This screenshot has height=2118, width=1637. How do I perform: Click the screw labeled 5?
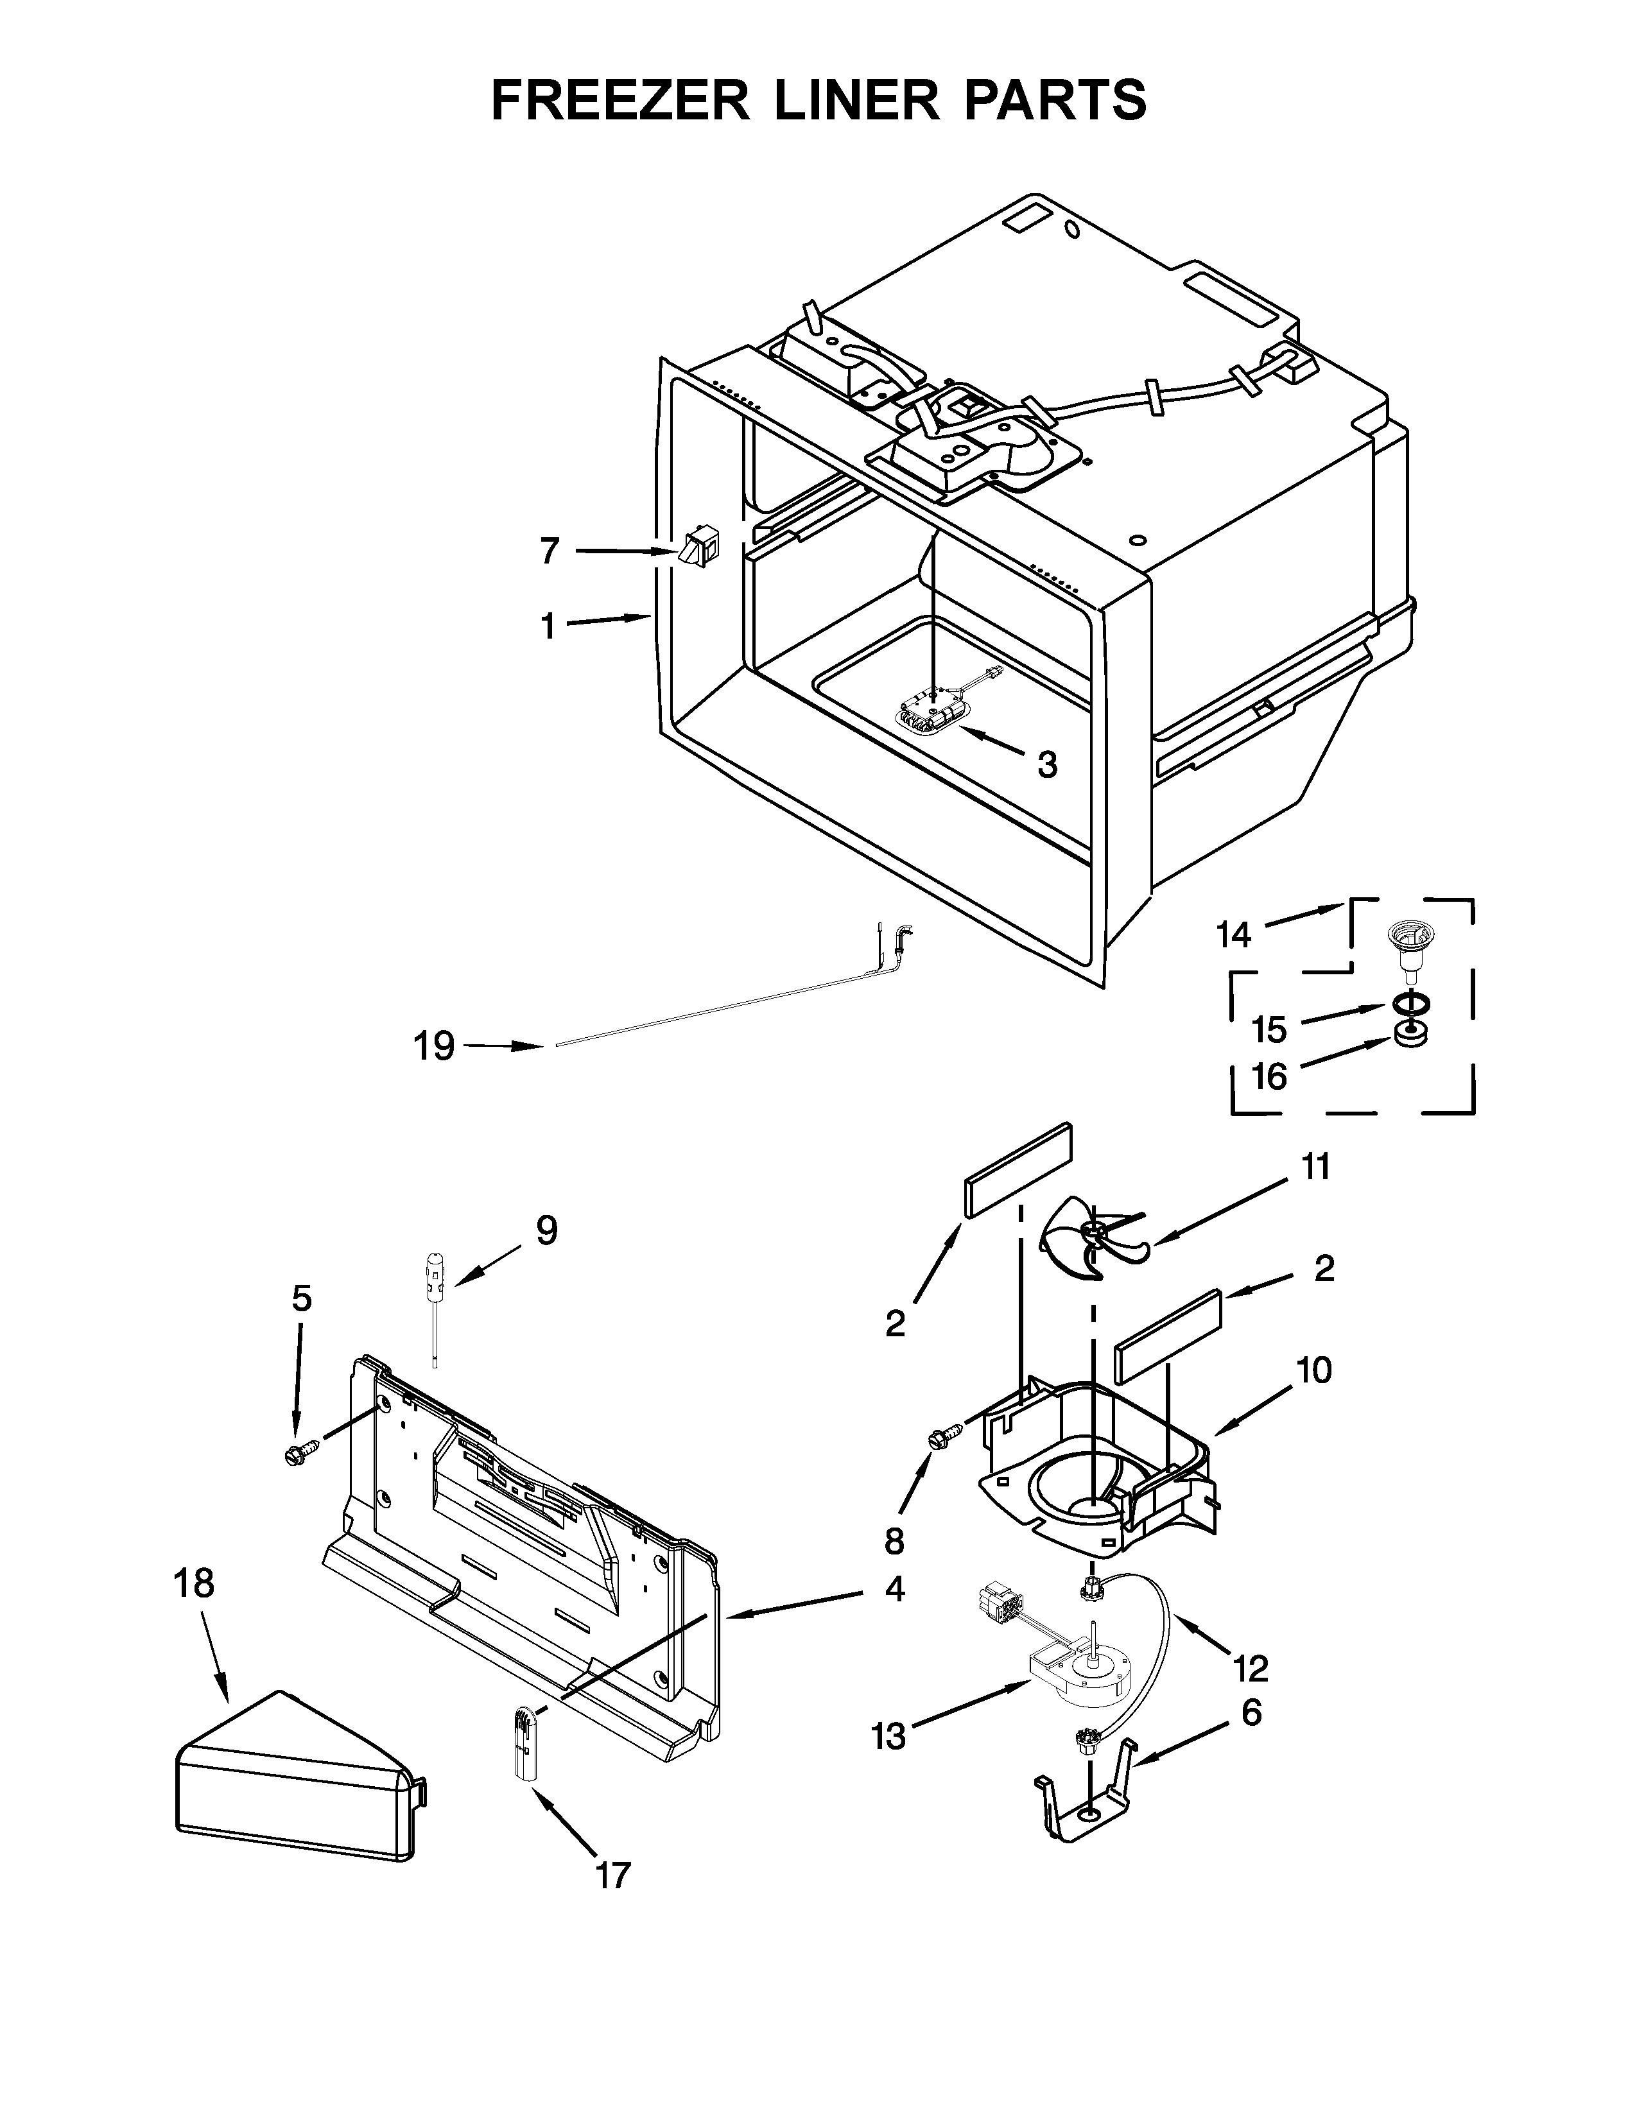click(x=295, y=1452)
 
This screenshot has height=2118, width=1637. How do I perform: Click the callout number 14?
click(x=1234, y=935)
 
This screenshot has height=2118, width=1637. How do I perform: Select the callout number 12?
click(x=1251, y=1668)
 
